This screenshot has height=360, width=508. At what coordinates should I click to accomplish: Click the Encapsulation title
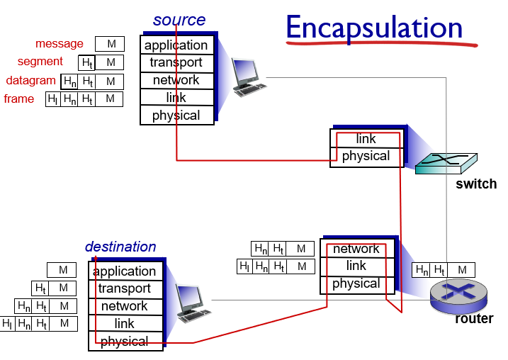click(374, 28)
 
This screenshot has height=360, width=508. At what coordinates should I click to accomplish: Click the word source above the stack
click(179, 20)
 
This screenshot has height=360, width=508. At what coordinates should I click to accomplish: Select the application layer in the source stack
click(176, 45)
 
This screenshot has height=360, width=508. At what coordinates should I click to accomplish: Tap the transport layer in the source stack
click(176, 62)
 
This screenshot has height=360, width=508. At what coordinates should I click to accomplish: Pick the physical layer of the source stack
click(176, 116)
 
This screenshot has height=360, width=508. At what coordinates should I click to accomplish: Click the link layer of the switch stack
click(366, 139)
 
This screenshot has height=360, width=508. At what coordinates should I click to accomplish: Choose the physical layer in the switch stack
click(366, 156)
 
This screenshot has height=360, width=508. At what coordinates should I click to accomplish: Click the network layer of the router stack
click(356, 249)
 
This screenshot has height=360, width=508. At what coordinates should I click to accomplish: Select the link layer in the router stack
click(356, 266)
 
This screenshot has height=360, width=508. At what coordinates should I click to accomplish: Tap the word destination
click(120, 247)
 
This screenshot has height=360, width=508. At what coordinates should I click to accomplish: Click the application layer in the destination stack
click(125, 271)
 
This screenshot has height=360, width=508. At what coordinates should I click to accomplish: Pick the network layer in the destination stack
click(125, 306)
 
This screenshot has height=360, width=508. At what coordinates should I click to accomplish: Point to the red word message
click(60, 44)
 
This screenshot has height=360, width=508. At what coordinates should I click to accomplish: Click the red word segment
click(40, 62)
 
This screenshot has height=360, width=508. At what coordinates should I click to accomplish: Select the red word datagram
click(31, 80)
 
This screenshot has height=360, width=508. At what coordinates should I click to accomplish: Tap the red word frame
click(19, 99)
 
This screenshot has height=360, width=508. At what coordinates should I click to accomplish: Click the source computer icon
click(248, 77)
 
